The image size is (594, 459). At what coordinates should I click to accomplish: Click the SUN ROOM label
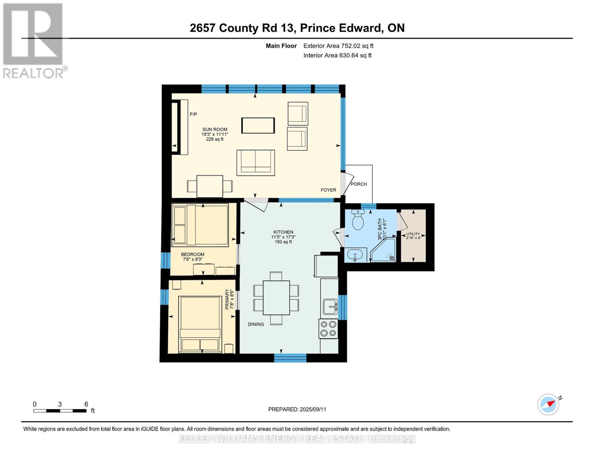(x=215, y=129)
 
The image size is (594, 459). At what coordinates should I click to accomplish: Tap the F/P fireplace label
(x=193, y=114)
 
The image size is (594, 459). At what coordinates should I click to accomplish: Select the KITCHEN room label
(x=283, y=232)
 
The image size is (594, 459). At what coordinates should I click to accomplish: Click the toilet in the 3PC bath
(x=358, y=220)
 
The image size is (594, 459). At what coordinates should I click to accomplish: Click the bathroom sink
(x=355, y=255)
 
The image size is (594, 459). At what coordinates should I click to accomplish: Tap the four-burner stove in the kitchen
(x=328, y=329)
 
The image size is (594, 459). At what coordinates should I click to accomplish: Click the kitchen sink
(x=330, y=307)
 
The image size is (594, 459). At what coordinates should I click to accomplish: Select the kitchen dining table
(x=276, y=298)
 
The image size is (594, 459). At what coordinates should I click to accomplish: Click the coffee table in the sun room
(x=258, y=125)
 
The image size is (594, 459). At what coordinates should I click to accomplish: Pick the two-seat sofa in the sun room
(x=256, y=163)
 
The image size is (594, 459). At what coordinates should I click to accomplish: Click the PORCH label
(x=359, y=184)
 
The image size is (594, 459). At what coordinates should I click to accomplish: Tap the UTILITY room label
(x=413, y=234)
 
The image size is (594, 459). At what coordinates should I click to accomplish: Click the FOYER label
(x=328, y=190)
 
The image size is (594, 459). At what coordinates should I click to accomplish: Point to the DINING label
(x=256, y=324)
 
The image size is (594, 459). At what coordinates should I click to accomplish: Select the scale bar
(x=60, y=410)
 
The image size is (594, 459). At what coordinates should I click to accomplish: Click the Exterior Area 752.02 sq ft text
(x=338, y=46)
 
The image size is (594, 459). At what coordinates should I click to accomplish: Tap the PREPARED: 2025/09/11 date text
(x=297, y=409)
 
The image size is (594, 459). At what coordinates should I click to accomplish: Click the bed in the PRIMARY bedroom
(x=200, y=324)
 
